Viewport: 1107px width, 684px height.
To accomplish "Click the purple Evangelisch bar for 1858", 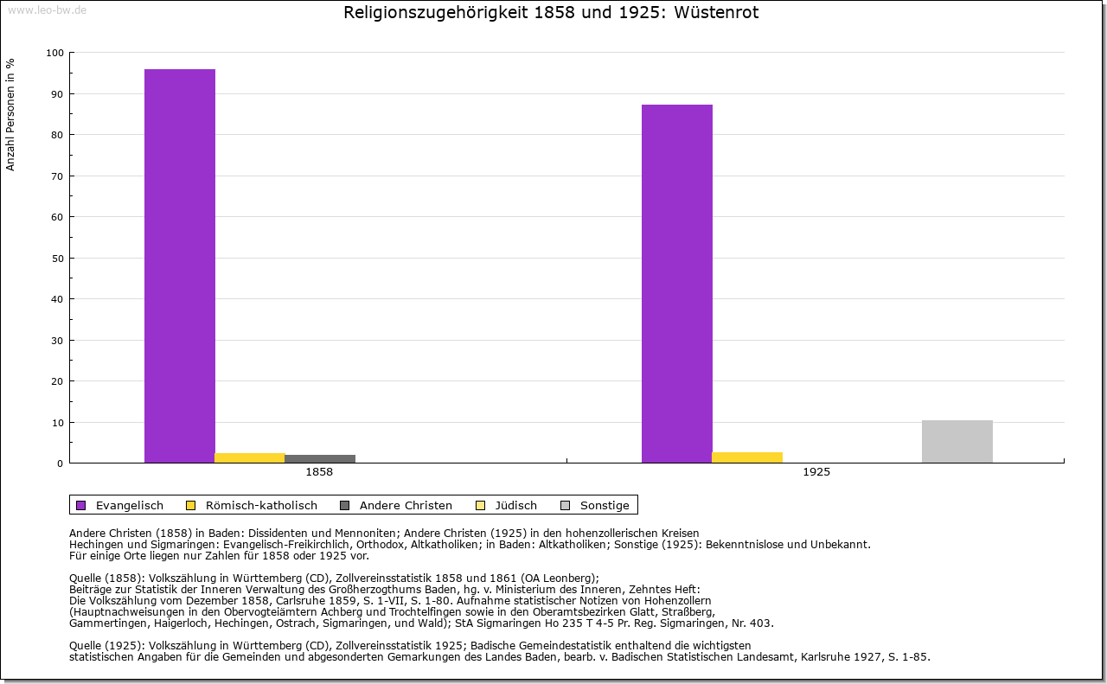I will [x=180, y=265].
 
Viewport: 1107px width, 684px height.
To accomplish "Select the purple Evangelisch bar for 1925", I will [x=677, y=284].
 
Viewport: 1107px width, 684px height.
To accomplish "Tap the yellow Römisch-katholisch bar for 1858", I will [x=250, y=457].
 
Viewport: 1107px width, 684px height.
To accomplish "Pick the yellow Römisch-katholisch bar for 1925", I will [x=747, y=457].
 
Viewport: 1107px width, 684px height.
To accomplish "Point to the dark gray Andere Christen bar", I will [x=320, y=458].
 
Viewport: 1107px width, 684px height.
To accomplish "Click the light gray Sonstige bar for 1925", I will [x=957, y=441].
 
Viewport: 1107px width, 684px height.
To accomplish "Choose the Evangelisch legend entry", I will [x=120, y=505].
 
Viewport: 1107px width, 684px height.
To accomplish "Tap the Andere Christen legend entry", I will [x=396, y=505].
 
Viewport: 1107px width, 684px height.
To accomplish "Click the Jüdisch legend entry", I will [x=508, y=505].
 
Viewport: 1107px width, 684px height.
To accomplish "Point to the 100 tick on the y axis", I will [x=55, y=53].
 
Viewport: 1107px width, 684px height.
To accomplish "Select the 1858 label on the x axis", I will [x=319, y=473].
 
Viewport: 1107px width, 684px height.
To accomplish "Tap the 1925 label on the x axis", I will [x=816, y=473].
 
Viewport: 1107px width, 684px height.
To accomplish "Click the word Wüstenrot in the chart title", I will [x=716, y=13].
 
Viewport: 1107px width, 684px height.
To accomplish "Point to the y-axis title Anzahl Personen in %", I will [x=11, y=115].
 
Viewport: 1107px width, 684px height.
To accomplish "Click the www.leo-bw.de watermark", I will [x=46, y=9].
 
